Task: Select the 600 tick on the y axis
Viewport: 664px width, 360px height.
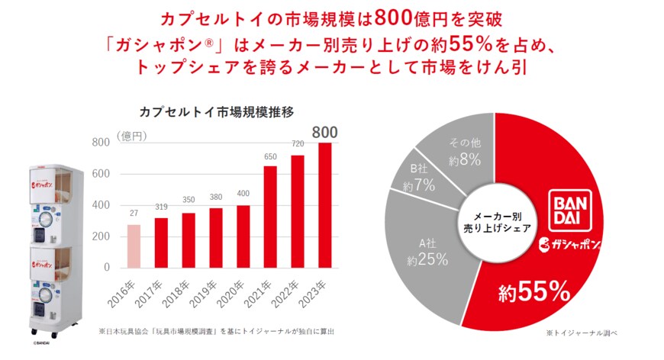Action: [x=101, y=174]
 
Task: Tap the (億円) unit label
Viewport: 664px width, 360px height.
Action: [x=132, y=135]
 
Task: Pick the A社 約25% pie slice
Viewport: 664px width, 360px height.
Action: [x=427, y=251]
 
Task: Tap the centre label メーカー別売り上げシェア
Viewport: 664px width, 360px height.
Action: [x=495, y=222]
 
